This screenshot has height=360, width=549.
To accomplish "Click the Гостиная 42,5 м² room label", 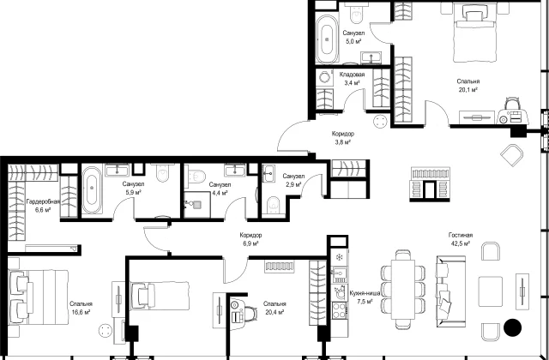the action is point(461,239).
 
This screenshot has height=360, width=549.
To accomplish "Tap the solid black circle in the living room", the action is point(513,327).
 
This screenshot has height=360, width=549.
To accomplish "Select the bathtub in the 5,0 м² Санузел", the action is point(327,39).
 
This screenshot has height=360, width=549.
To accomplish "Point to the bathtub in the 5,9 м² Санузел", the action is point(92,189).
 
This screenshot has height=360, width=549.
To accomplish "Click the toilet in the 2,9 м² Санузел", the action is point(273,205).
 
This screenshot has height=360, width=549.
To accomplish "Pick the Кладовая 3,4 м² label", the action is point(352,79).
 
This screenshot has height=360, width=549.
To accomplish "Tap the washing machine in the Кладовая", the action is point(325,78).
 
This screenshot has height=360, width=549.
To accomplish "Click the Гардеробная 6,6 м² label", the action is point(43,206).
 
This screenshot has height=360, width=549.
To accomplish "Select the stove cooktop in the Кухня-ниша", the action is point(340,310).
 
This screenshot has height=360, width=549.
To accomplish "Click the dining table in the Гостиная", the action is point(403,289).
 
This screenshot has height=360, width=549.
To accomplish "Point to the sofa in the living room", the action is point(451,291).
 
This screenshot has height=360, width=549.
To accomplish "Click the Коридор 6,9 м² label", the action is point(250,239).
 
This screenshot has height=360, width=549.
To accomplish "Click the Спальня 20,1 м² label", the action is point(468,86).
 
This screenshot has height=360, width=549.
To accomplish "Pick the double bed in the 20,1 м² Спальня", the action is point(475,33).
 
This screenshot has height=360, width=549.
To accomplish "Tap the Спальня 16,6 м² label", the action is point(81,308).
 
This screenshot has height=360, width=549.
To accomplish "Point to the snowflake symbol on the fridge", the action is point(339,257).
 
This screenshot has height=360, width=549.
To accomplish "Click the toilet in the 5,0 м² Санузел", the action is point(357,13).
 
